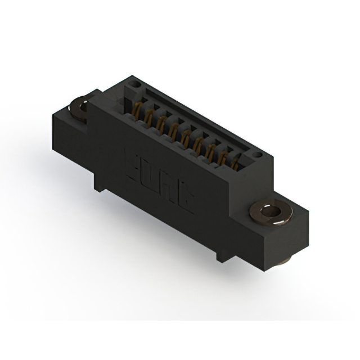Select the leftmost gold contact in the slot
[137, 110]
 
